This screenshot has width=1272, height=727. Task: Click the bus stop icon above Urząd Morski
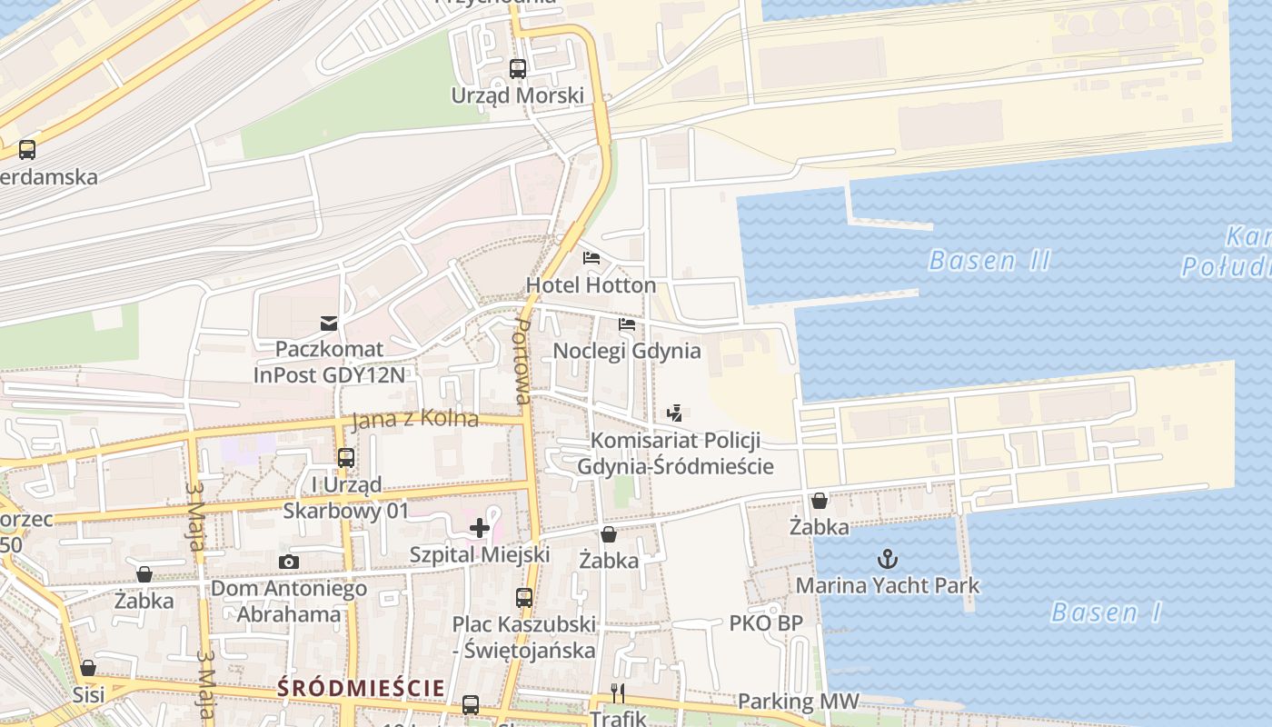point(518,68)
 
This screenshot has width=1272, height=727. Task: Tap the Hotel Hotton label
point(591,285)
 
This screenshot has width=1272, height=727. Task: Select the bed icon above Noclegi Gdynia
point(627,324)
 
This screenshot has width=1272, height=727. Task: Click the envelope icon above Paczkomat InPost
point(329,323)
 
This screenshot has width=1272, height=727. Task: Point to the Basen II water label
point(989,261)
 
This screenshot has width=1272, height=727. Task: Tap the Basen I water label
point(1106,612)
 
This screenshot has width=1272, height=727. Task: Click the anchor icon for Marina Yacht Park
point(888,559)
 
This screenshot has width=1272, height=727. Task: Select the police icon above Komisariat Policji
point(674,413)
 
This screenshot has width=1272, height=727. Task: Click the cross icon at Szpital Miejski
point(480,528)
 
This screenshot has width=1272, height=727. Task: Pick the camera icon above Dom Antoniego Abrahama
point(289,562)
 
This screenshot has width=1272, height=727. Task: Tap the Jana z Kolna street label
point(414,419)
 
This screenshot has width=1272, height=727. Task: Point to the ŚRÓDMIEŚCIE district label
point(361,688)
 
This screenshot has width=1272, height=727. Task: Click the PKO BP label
point(766,623)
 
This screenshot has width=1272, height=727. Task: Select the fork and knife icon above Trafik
point(618,693)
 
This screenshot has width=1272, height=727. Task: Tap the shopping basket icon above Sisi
point(88,668)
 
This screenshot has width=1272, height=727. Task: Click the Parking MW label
point(797,701)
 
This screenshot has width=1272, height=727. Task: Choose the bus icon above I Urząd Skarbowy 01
point(346,458)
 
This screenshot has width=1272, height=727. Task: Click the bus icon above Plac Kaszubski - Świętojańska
point(524,598)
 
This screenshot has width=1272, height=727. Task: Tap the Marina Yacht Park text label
point(888,585)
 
